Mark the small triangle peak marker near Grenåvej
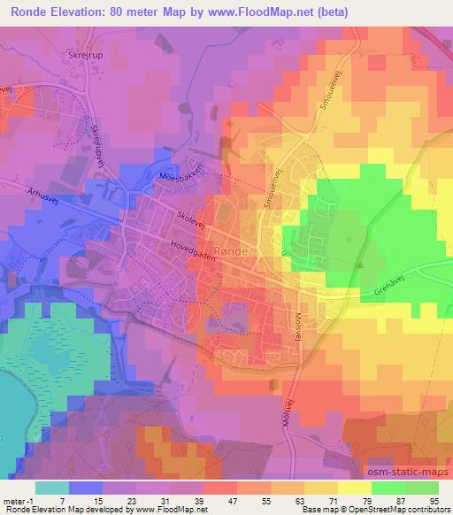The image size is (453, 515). tap(359, 264)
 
